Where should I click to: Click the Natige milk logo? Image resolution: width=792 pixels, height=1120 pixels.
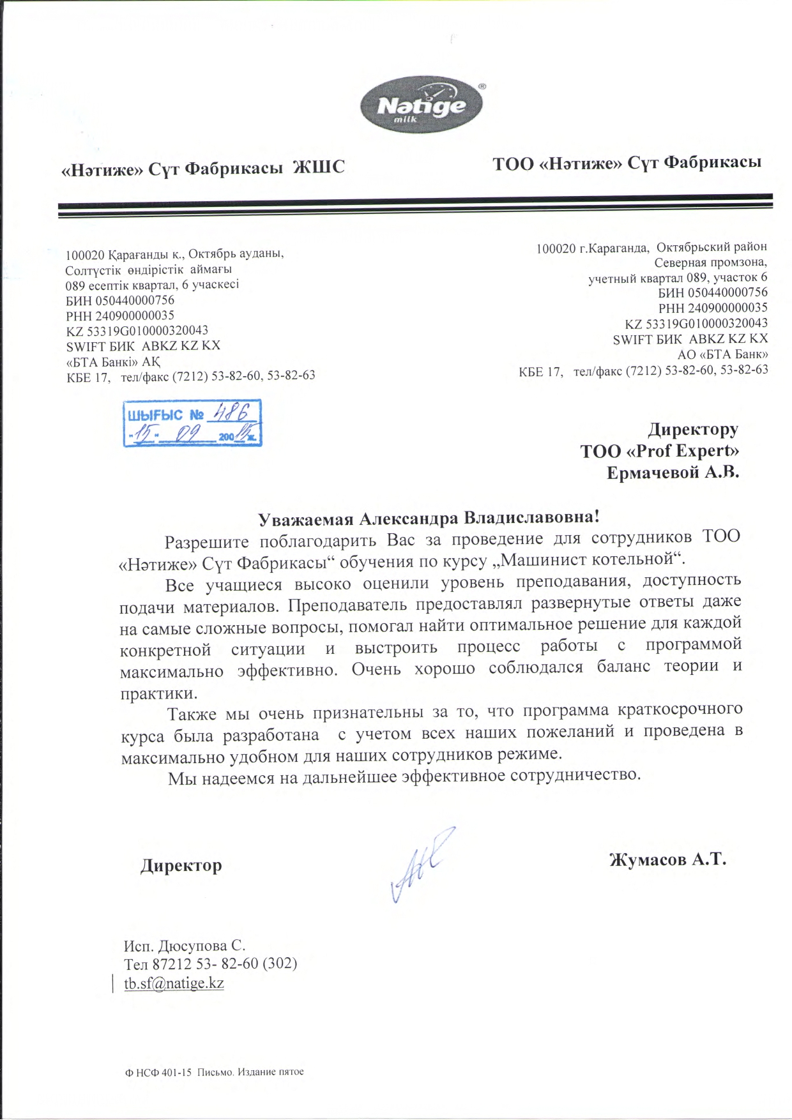coord(422,107)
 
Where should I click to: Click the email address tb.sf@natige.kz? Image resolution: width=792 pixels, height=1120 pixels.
coord(174,983)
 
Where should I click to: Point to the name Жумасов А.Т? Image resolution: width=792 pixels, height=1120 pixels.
coord(667,859)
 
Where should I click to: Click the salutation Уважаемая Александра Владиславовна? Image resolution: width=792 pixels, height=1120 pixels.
coord(429,517)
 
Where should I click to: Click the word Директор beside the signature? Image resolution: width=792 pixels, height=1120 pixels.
coord(181,865)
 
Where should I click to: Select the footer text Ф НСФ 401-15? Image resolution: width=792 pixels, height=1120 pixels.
coord(158,1071)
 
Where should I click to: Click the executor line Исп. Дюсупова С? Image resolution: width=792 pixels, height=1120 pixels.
coord(185,945)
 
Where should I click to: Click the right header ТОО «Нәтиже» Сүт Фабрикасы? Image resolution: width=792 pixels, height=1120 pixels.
coord(627,163)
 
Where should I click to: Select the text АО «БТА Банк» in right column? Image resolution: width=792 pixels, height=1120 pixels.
coord(722,354)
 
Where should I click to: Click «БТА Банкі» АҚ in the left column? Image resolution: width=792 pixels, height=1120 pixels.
coord(113,361)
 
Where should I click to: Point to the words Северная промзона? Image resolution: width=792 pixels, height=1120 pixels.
coord(710,262)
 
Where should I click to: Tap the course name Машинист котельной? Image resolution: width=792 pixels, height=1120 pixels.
coord(587,559)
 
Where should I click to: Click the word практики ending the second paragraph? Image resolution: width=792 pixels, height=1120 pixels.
coord(158,693)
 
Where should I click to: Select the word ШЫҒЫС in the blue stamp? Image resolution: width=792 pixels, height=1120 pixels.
coord(155,415)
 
